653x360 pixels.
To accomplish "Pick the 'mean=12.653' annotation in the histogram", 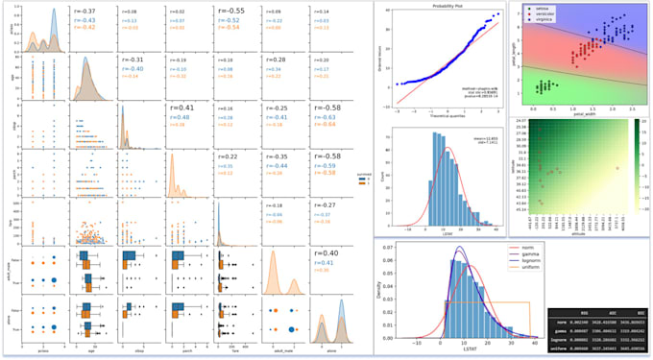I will point(480,141).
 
